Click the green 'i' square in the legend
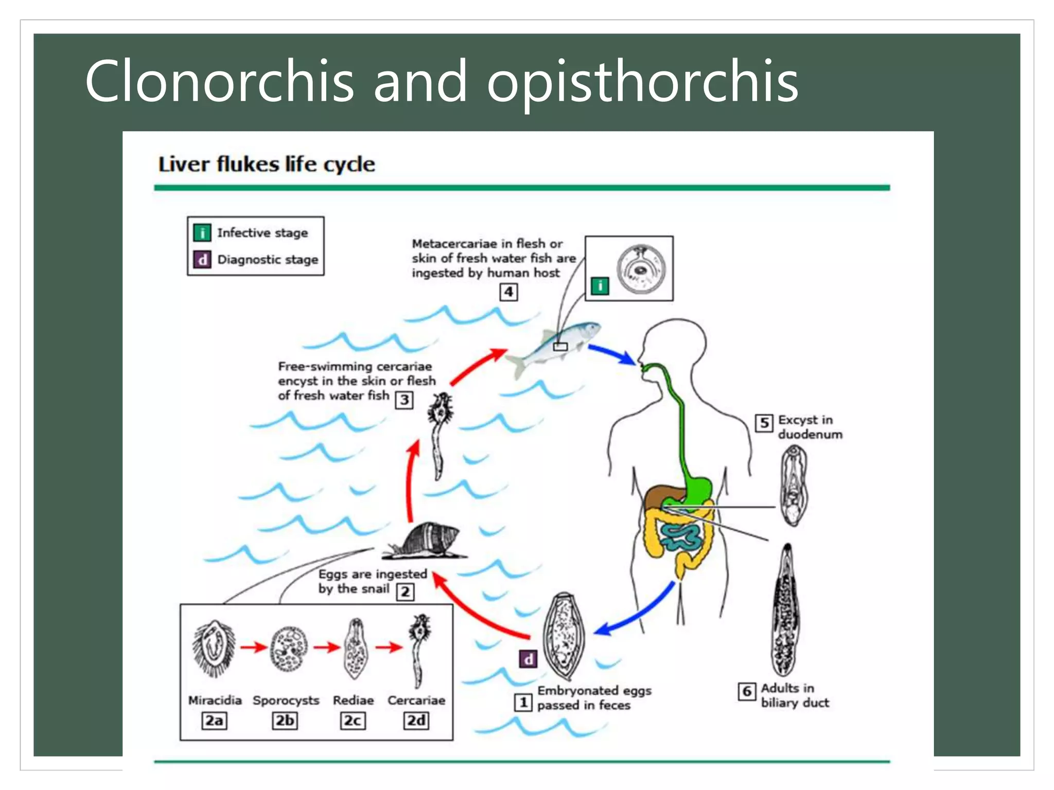202,233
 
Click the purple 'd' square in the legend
202,259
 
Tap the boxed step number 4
508,292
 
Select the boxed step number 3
405,400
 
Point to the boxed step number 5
764,423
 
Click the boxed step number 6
747,691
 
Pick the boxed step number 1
523,702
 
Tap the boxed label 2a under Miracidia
214,721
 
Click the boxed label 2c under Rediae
353,721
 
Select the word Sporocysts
286,701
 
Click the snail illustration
430,541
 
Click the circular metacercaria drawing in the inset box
641,268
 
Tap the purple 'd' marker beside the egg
529,659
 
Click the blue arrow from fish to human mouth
612,354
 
